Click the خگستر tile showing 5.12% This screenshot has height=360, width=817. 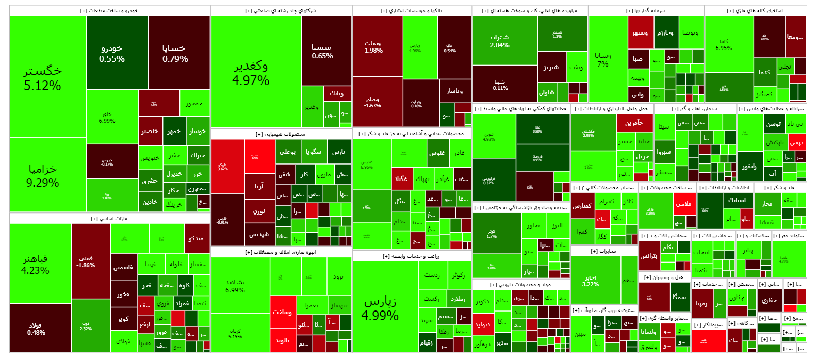click(43, 77)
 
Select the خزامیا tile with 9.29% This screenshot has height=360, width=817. click(43, 175)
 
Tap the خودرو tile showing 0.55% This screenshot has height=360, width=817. click(112, 53)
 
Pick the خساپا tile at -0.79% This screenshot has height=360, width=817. click(174, 53)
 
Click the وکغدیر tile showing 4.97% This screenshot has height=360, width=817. click(251, 73)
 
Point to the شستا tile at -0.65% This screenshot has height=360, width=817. click(321, 51)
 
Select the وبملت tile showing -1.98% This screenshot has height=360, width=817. click(372, 47)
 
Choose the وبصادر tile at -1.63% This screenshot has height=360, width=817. click(372, 102)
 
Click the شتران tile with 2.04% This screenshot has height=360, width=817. click(499, 41)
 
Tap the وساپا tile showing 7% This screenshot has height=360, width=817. click(603, 59)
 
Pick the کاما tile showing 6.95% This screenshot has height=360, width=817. click(724, 45)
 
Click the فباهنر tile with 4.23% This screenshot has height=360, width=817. click(35, 264)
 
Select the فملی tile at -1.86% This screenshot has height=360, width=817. click(86, 261)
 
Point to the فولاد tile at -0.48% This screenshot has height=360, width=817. click(35, 329)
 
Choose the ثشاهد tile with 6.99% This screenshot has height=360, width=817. click(235, 286)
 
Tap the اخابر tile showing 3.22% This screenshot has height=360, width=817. click(591, 281)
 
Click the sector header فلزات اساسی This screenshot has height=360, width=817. click(109, 219)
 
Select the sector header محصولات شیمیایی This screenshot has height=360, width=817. click(281, 134)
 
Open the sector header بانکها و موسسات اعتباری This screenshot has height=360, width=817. click(412, 11)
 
